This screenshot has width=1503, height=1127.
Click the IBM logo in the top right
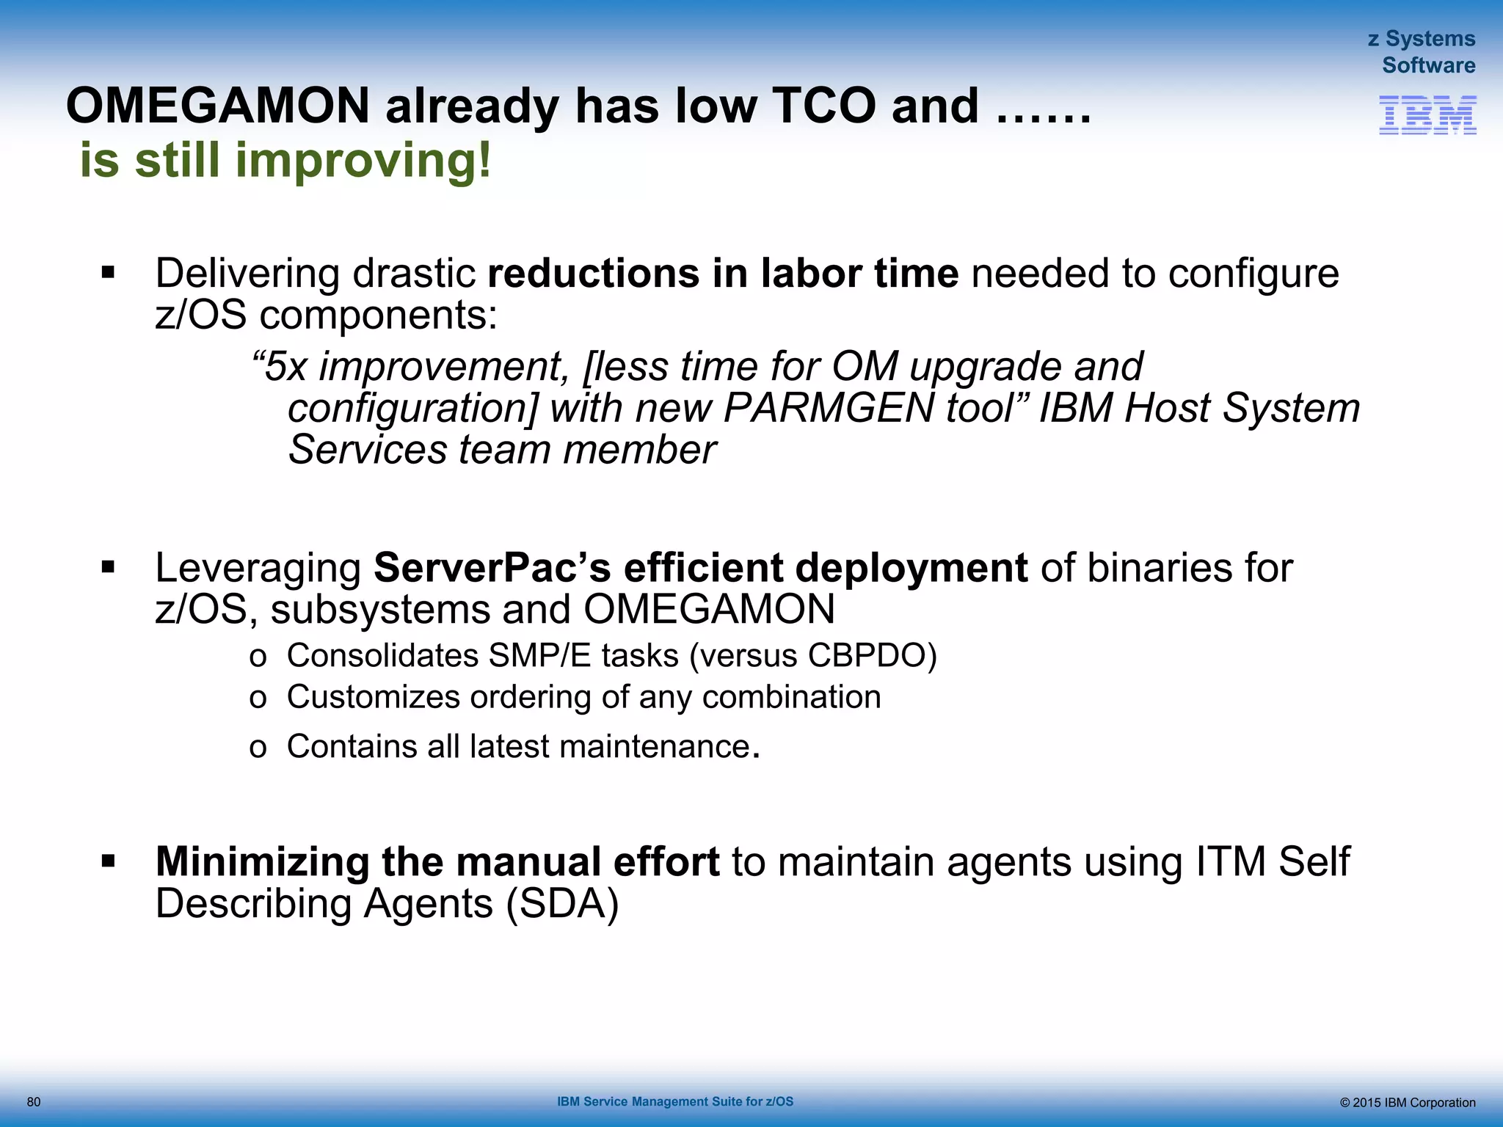tap(1427, 115)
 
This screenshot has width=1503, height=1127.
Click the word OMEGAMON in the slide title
tap(218, 106)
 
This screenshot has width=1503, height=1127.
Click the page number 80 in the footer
tap(34, 1102)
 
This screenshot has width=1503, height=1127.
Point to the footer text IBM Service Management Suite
tap(674, 1101)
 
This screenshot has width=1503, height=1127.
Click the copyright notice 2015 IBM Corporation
tap(1407, 1103)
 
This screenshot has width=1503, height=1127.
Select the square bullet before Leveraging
tap(109, 568)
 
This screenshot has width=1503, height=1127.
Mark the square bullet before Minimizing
tap(109, 861)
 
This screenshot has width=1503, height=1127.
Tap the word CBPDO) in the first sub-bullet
tap(873, 656)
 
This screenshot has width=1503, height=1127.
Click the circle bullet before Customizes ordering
tap(258, 699)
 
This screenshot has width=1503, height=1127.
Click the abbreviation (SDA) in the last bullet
tap(563, 903)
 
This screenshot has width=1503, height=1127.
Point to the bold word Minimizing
tap(262, 861)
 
